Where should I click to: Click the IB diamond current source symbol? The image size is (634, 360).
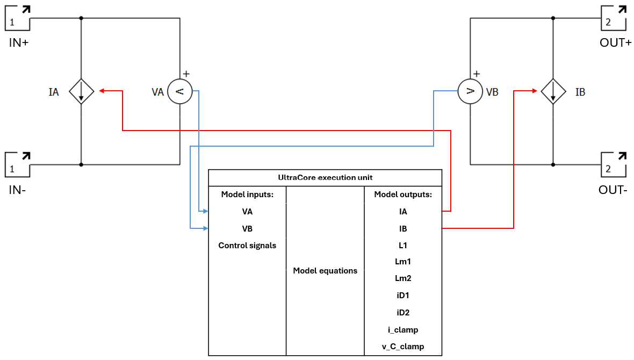[x=553, y=91]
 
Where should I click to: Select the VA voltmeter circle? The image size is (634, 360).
[x=180, y=92]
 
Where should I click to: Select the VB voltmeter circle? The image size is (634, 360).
[x=470, y=91]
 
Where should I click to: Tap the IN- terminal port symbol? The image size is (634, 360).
[x=18, y=164]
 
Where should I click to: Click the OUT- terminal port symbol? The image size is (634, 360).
[x=613, y=164]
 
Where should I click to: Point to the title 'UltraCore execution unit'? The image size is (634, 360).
[x=325, y=177]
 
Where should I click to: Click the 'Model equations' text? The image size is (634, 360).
[x=325, y=271]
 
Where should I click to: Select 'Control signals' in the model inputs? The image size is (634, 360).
[x=247, y=246]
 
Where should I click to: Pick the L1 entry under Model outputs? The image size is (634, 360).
[x=403, y=245]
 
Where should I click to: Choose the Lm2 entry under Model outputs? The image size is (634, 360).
[x=403, y=279]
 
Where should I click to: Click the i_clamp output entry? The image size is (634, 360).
[x=403, y=329]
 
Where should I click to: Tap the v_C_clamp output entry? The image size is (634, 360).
[x=403, y=347]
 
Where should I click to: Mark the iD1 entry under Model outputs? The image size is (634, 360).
[x=403, y=296]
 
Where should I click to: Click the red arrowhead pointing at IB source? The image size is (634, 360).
[x=535, y=91]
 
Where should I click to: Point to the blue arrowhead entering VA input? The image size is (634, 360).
[x=205, y=211]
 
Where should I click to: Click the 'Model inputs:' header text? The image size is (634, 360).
[x=247, y=195]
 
